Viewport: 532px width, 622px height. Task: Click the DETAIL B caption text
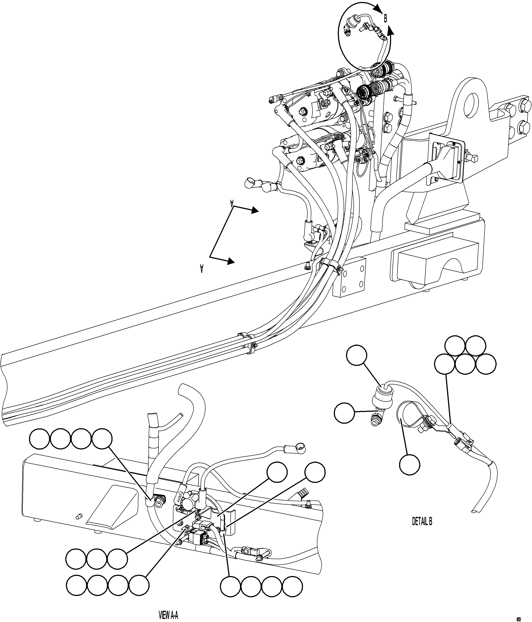coord(422,521)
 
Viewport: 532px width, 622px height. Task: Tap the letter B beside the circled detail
coord(385,19)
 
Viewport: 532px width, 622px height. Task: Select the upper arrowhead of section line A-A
coord(255,210)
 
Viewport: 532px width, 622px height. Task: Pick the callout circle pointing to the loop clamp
coord(410,464)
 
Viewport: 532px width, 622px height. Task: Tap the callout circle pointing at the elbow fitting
coord(344,413)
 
